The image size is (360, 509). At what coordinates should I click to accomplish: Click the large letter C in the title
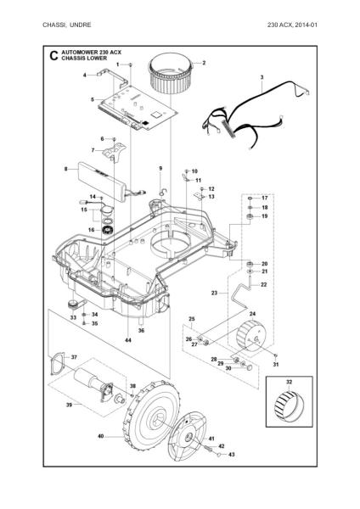[53, 55]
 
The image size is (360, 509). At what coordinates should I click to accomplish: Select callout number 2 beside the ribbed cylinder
[204, 63]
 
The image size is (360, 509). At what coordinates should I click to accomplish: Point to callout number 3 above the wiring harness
[262, 77]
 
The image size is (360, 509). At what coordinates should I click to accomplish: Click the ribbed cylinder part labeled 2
[171, 75]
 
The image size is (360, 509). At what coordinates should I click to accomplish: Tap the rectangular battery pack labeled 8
[101, 182]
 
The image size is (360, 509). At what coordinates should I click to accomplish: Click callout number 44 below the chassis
[128, 340]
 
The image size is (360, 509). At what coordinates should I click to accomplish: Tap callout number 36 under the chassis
[141, 331]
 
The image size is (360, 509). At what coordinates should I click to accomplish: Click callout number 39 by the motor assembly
[69, 405]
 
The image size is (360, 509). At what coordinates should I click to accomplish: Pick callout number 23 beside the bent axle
[214, 293]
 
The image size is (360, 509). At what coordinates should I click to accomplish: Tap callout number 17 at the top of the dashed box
[265, 198]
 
